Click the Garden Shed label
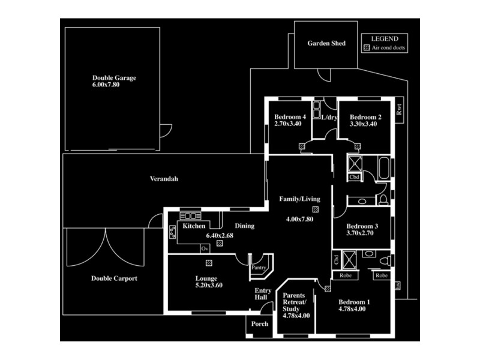[326, 43]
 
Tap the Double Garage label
[114, 78]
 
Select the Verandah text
[164, 179]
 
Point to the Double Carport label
[114, 278]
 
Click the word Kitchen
[194, 226]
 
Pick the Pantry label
[259, 268]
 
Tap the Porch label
[260, 323]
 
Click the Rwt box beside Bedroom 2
[399, 110]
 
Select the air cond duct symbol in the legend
[367, 47]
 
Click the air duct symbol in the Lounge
[208, 263]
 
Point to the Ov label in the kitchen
[205, 248]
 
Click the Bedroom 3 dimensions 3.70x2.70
[360, 233]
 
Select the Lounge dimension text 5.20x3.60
[209, 286]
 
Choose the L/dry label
[329, 117]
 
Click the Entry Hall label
[263, 295]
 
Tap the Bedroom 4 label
[290, 117]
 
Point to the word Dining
[244, 226]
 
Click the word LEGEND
[385, 38]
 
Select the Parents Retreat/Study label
[296, 305]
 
